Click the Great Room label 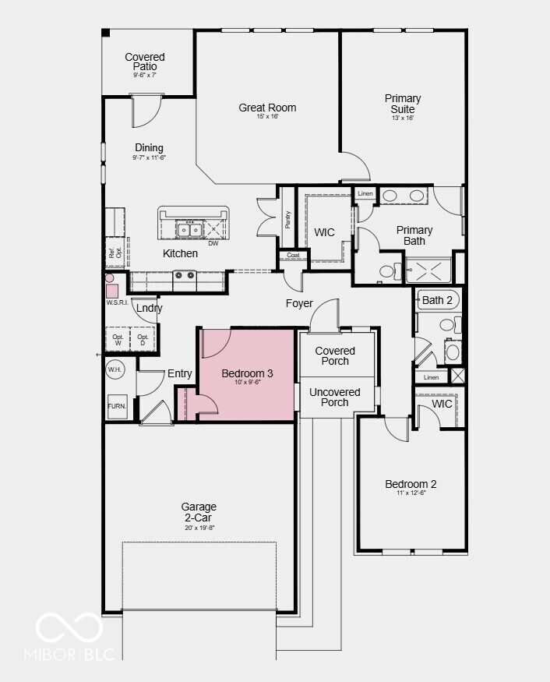click(267, 108)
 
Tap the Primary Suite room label click(403, 104)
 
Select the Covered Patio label click(145, 62)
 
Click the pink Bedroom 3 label click(247, 374)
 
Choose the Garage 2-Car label click(199, 512)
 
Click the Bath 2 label click(437, 300)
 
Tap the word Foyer click(299, 303)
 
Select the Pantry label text click(288, 221)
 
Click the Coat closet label click(293, 255)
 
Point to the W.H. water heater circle click(115, 369)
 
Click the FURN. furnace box click(117, 406)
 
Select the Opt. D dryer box click(143, 339)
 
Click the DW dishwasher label click(213, 243)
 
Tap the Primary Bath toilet click(386, 271)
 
